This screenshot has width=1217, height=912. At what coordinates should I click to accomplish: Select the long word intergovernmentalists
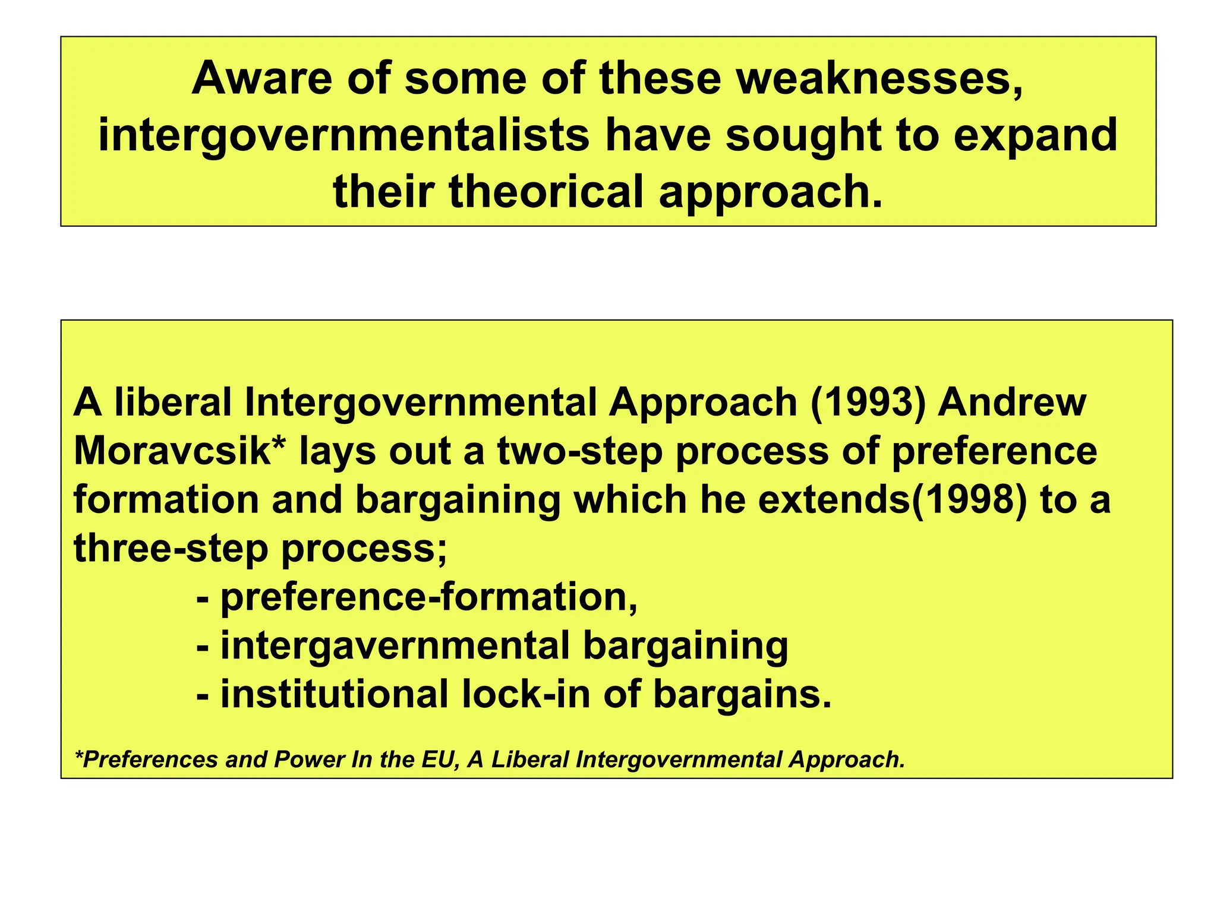343,135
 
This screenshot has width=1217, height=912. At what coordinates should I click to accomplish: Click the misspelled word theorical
547,192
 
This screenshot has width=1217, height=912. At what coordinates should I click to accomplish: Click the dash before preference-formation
203,598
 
